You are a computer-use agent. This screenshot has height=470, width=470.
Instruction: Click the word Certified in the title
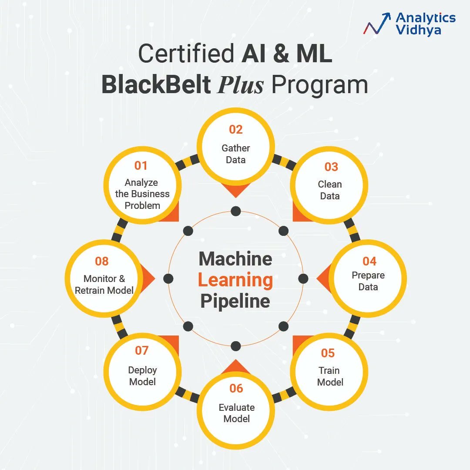click(x=186, y=54)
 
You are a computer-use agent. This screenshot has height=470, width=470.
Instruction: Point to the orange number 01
click(x=141, y=166)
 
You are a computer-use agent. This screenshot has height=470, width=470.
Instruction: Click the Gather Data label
click(x=235, y=154)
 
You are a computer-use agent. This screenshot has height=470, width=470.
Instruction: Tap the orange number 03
click(x=331, y=167)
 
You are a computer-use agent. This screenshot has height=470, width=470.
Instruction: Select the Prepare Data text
click(x=368, y=281)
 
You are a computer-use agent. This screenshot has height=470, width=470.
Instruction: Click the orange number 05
click(x=328, y=353)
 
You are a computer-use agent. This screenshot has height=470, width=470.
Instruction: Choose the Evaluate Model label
click(x=236, y=413)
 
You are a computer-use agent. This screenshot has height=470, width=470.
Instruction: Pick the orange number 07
click(x=141, y=350)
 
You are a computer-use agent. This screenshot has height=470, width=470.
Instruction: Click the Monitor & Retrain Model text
click(x=104, y=284)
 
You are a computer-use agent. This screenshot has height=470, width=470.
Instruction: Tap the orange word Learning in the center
click(x=235, y=280)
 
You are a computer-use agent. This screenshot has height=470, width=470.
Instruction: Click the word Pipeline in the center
click(x=235, y=301)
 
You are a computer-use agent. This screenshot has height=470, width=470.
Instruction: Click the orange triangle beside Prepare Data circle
click(x=322, y=279)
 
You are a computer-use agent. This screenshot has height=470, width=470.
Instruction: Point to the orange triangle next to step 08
click(x=148, y=279)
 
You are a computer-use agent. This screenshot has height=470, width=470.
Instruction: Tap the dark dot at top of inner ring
click(x=235, y=211)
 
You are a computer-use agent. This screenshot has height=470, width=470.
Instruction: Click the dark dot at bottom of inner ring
click(x=235, y=346)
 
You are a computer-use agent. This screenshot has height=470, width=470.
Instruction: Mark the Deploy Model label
click(x=142, y=376)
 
